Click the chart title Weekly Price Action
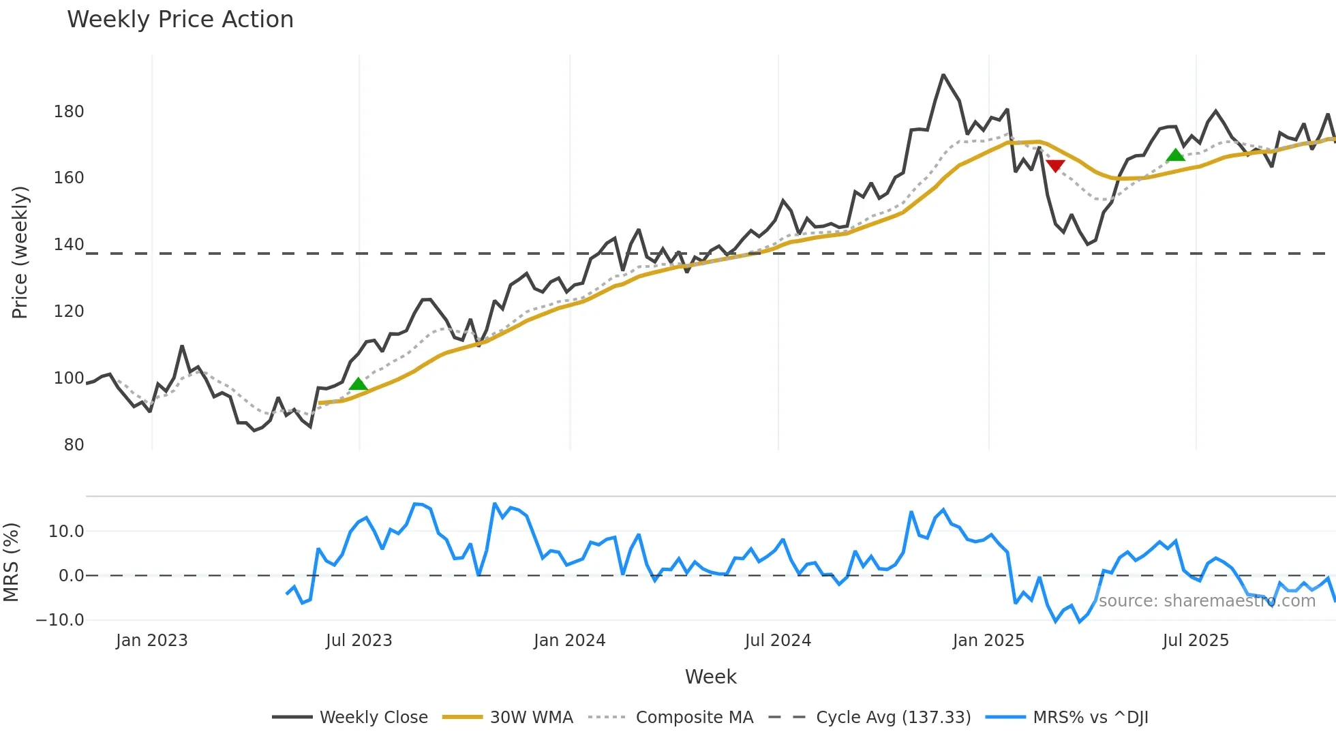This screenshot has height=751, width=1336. pos(180,20)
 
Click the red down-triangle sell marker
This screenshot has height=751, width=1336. pos(1055,166)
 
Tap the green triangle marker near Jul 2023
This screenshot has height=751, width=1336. pos(358,384)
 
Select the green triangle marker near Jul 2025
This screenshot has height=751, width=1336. pos(1175,155)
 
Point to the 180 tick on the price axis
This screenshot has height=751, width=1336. pos(69,112)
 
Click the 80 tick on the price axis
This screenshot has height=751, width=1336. pos(74,445)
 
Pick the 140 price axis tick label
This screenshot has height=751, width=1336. pos(69,245)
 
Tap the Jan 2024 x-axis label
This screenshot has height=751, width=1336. pos(569,641)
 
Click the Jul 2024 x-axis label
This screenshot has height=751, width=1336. pos(778,641)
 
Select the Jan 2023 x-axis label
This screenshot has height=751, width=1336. pos(151,641)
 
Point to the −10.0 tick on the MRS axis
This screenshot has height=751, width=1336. pos(60,620)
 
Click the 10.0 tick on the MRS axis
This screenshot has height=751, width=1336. pos(66,532)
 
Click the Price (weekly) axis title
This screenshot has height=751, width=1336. pos(20,252)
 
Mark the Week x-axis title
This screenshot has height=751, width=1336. pos(710,677)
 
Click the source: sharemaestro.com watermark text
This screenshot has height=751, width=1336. pos(1206,601)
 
